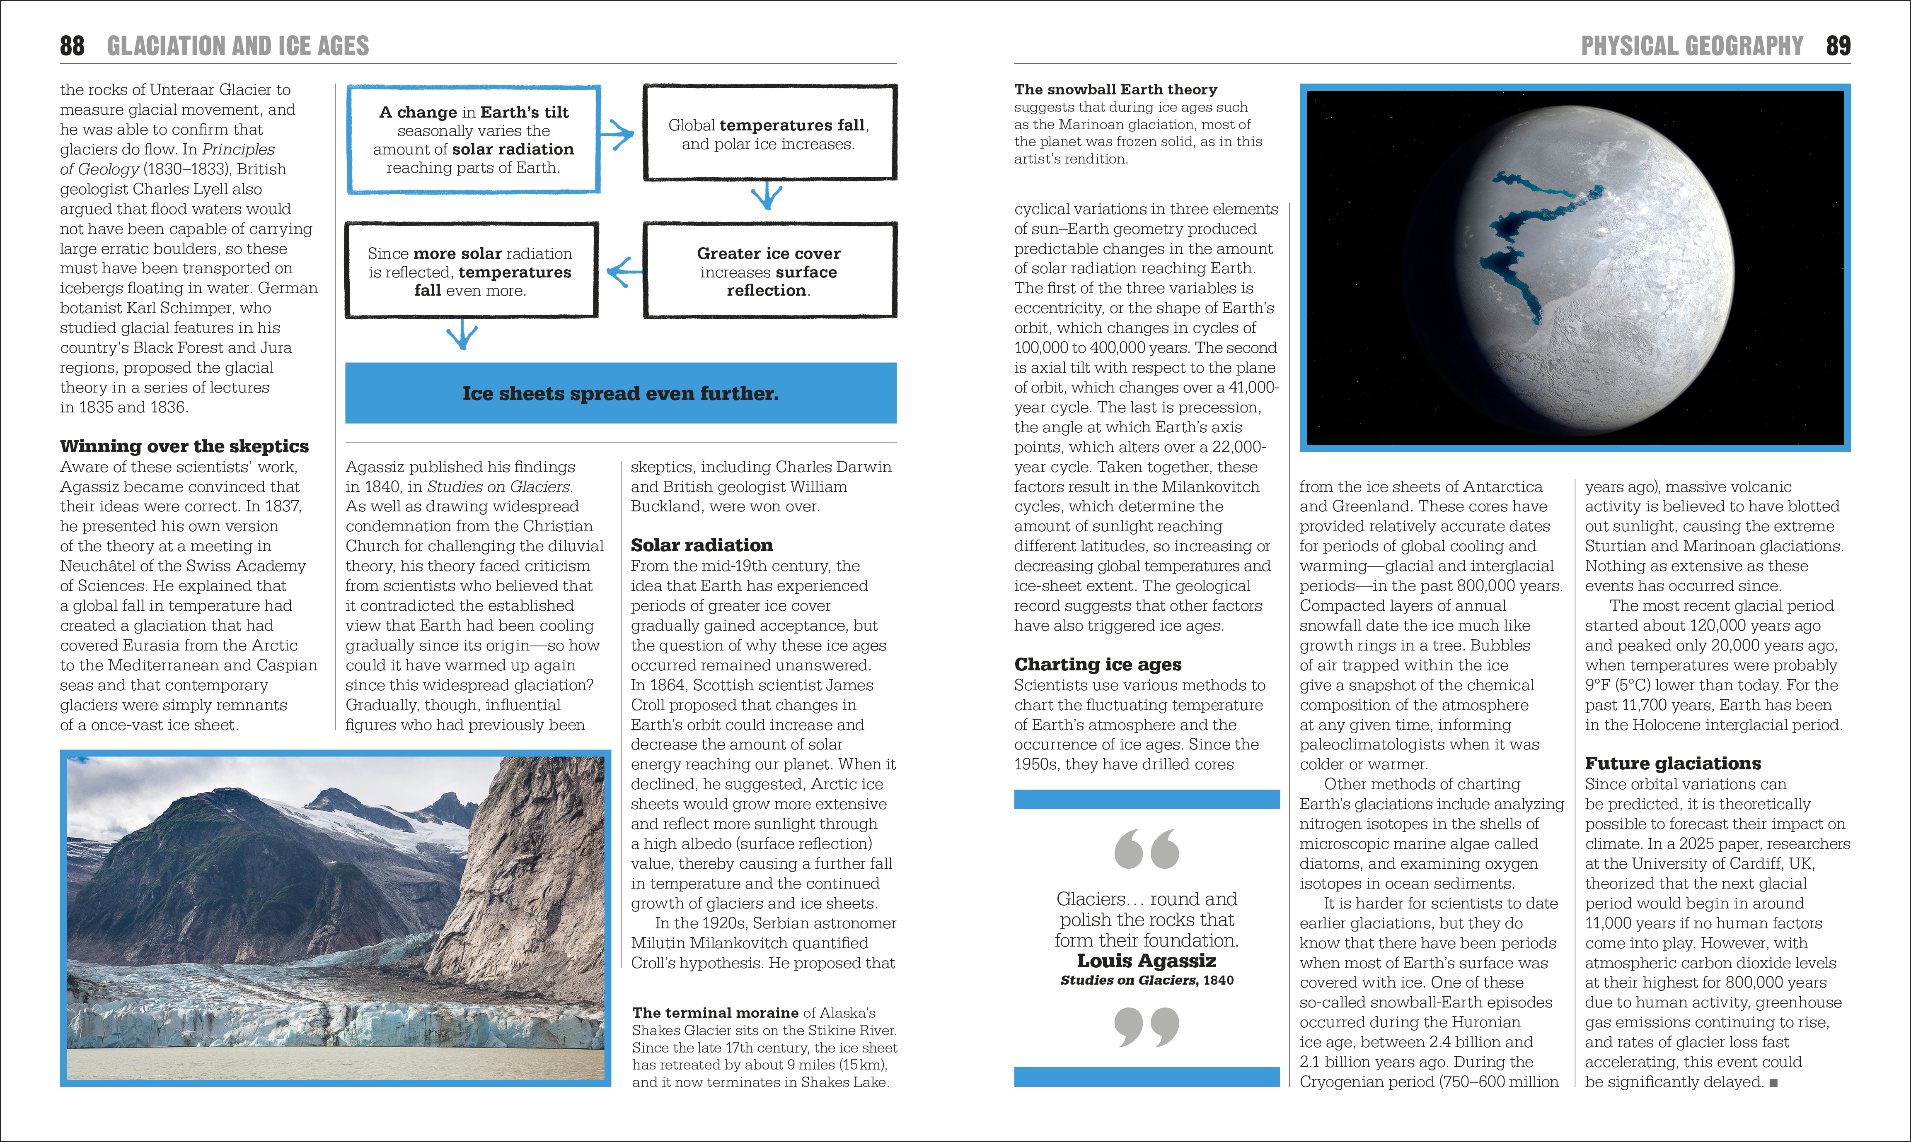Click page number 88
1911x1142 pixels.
(x=73, y=46)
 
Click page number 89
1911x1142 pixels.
(x=1838, y=46)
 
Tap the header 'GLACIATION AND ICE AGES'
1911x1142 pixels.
(x=238, y=46)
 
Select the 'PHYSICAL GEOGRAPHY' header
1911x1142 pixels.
(x=1691, y=46)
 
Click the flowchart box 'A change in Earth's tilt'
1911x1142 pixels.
(x=474, y=139)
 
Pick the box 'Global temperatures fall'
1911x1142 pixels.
(x=769, y=133)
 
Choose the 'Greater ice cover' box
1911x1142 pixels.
(x=769, y=271)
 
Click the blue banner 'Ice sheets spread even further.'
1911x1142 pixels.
(x=621, y=393)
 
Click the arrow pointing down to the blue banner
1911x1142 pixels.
(x=462, y=335)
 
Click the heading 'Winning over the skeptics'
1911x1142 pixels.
(x=184, y=446)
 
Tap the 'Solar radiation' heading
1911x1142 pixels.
(x=702, y=545)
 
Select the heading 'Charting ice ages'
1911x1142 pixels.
(x=1097, y=664)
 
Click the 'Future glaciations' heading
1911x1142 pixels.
(x=1672, y=764)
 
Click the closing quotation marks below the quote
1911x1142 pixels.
(x=1147, y=1027)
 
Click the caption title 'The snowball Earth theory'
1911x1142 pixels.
(x=1116, y=90)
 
